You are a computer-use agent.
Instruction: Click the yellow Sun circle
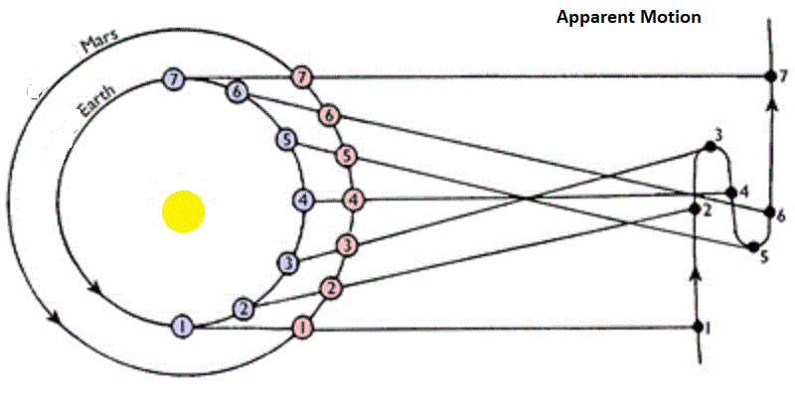coord(183,211)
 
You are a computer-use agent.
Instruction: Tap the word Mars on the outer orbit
coord(100,41)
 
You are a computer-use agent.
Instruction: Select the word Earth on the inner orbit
coord(96,102)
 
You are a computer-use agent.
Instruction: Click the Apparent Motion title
coord(629,17)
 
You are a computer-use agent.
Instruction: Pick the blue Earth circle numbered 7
coord(174,79)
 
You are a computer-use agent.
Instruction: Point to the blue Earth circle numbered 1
coord(183,327)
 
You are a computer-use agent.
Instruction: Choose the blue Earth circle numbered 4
coord(303,200)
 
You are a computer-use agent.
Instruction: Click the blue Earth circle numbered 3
coord(288,263)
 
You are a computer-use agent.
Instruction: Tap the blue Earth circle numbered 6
coord(237,91)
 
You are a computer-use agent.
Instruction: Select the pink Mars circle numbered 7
coord(302,78)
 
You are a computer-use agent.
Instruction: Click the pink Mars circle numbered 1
coord(303,329)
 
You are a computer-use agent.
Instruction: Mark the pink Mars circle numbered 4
coord(354,200)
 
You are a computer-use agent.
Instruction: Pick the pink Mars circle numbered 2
coord(331,289)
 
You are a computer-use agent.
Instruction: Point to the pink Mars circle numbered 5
coord(346,156)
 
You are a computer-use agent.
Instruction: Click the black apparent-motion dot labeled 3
coord(711,147)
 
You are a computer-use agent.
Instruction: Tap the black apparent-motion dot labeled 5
coord(754,247)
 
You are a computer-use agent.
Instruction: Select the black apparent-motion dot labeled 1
coord(699,327)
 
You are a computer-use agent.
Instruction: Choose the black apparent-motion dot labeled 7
coord(770,76)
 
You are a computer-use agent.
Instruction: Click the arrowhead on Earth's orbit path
coord(93,289)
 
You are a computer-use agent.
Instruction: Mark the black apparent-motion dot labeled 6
coord(769,212)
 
